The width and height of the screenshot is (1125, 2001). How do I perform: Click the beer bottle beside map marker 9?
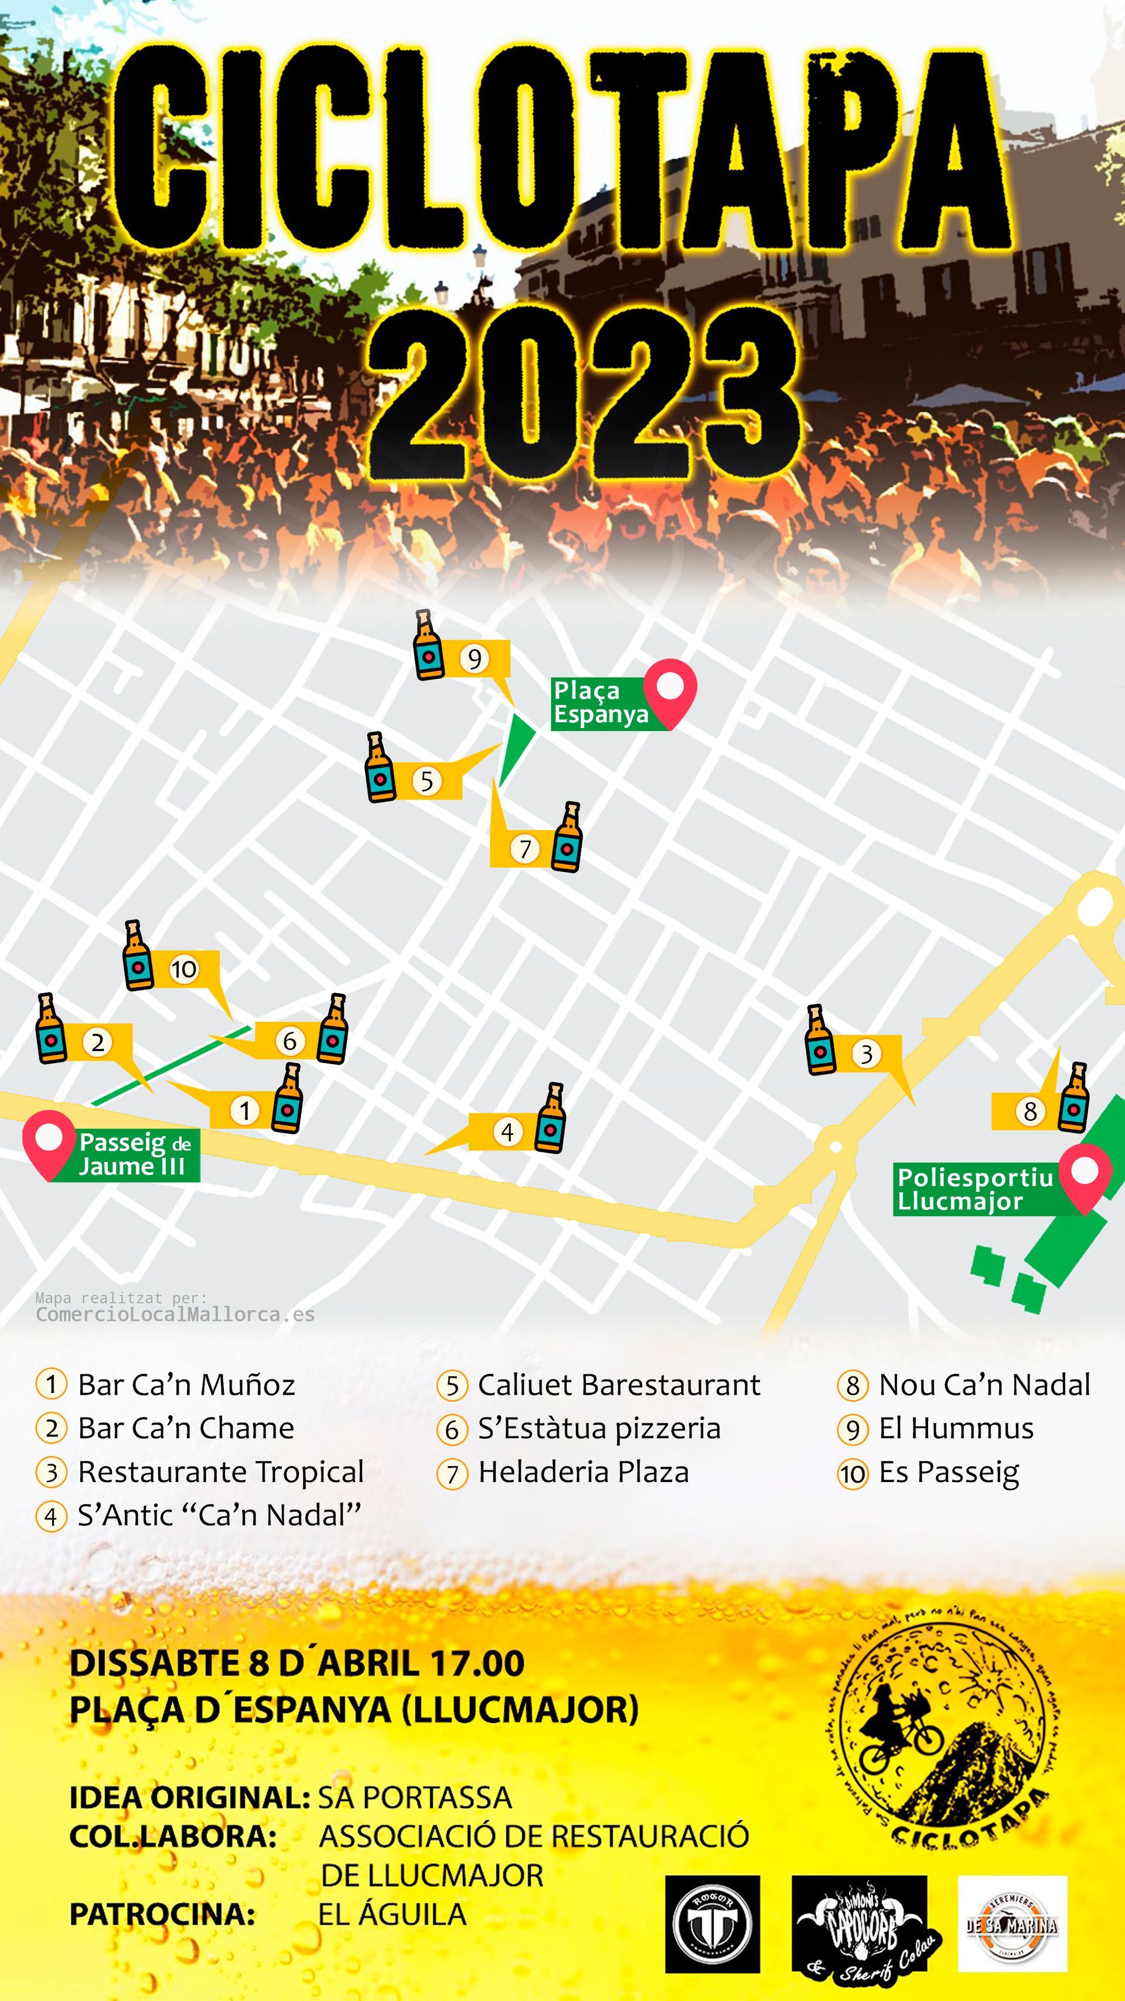pyautogui.click(x=428, y=646)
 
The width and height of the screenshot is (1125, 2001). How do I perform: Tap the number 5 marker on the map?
pyautogui.click(x=426, y=781)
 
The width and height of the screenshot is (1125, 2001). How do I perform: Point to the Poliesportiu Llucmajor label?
pyautogui.click(x=975, y=1188)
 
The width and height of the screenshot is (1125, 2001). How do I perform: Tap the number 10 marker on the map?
pyautogui.click(x=184, y=969)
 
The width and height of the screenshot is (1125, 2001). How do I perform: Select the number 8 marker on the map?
pyautogui.click(x=1029, y=1111)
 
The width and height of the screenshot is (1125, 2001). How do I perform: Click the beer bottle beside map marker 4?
pyautogui.click(x=551, y=1118)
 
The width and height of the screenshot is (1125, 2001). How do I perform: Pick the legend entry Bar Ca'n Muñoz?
pyautogui.click(x=186, y=1384)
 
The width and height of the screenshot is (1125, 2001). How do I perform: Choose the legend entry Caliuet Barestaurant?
pyautogui.click(x=619, y=1384)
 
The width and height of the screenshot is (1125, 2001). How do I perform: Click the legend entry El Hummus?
pyautogui.click(x=956, y=1428)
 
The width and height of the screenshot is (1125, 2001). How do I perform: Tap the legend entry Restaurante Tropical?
pyautogui.click(x=220, y=1471)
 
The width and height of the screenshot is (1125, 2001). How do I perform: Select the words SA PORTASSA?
pyautogui.click(x=415, y=1797)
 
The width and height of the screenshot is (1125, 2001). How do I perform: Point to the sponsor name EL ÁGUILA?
pyautogui.click(x=392, y=1913)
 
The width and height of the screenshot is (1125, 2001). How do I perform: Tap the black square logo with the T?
pyautogui.click(x=712, y=1924)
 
